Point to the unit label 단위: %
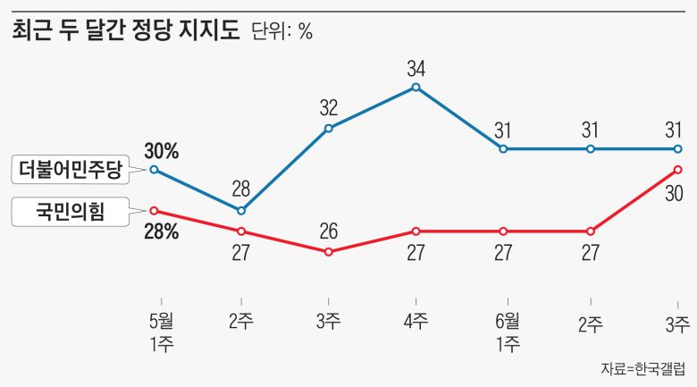click(281, 32)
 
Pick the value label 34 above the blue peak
click(416, 68)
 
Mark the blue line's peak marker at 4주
click(416, 87)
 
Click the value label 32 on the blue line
click(329, 109)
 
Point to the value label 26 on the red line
click(329, 232)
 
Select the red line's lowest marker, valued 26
click(329, 252)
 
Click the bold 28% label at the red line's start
click(162, 232)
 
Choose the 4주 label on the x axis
click(416, 323)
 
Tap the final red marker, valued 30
click(677, 169)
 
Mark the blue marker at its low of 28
click(241, 211)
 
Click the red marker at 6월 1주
click(503, 231)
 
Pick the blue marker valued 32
click(329, 128)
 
